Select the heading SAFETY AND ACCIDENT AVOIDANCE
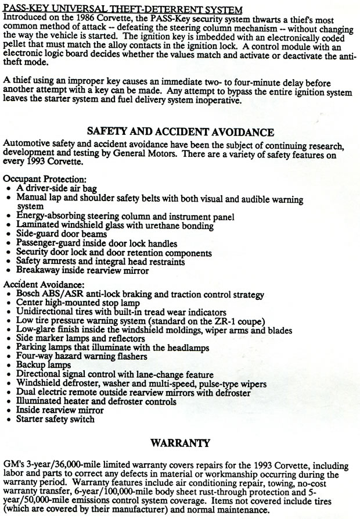pos(180,131)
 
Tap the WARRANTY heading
pos(179,443)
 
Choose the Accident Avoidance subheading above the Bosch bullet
pos(44,285)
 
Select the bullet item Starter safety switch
pos(55,418)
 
